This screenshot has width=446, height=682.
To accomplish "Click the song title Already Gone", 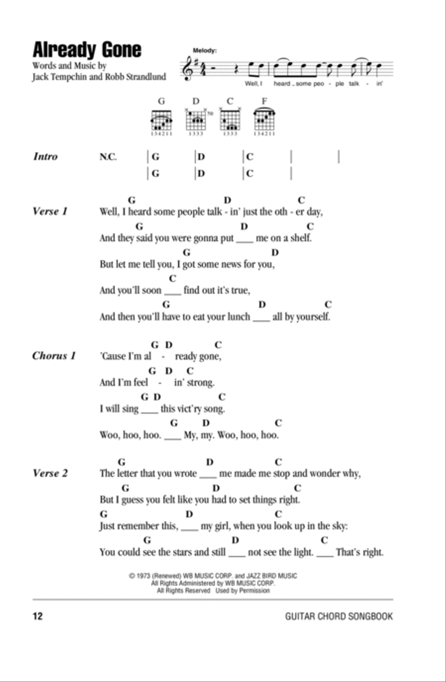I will (x=87, y=49).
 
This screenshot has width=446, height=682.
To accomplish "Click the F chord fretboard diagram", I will (x=264, y=120).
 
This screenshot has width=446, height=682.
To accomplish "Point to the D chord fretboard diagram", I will (x=196, y=120).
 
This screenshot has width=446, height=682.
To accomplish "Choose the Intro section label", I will (x=45, y=157).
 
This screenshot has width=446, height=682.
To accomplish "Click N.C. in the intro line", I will (x=108, y=157).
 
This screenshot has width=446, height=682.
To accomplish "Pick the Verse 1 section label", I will (x=50, y=211).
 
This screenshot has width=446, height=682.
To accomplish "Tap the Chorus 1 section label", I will (x=54, y=356).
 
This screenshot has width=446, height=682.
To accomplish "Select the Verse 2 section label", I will (x=50, y=473).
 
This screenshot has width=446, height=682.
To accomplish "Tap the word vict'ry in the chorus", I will (x=189, y=409).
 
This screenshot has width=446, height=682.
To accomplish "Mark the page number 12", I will (x=38, y=616).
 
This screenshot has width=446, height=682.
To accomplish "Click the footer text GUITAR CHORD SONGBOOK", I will (x=339, y=616).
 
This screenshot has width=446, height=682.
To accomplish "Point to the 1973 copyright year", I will (x=143, y=576).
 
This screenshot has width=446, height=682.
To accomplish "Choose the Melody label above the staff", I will (x=205, y=50).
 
